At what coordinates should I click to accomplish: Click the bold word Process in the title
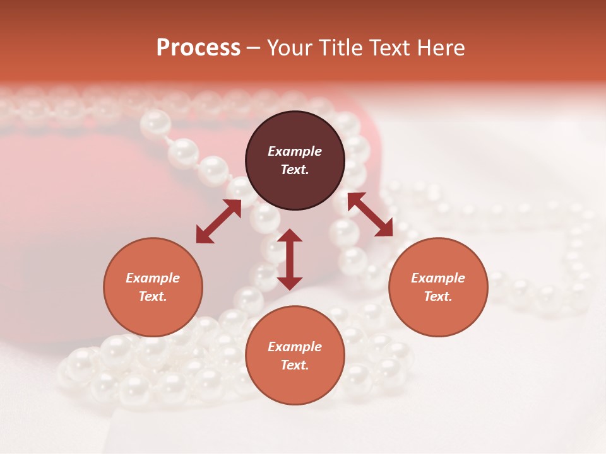198,48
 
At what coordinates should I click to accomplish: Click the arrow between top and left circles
218,221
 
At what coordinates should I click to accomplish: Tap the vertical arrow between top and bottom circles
290,259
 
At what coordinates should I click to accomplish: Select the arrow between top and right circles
370,214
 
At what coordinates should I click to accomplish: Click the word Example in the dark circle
295,151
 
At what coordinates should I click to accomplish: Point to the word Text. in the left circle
153,296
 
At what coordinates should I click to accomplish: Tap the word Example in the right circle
438,278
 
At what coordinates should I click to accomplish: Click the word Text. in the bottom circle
295,365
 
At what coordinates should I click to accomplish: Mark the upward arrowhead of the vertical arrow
290,236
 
